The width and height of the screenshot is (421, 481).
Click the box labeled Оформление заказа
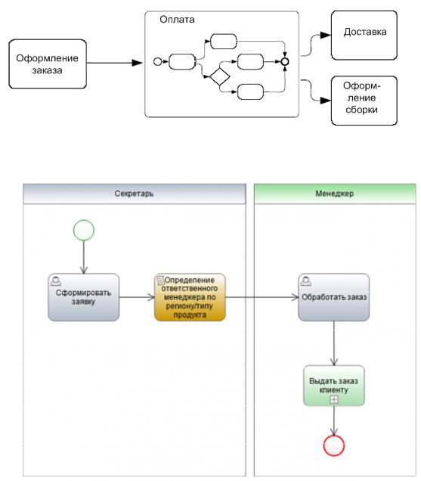click(x=48, y=64)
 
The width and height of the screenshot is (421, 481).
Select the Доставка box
click(x=364, y=36)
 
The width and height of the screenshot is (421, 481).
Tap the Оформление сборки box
click(x=364, y=101)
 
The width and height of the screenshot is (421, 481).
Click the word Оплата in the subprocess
click(x=177, y=20)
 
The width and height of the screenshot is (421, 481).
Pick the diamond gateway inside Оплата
click(x=220, y=76)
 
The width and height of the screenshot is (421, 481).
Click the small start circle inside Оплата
click(x=158, y=62)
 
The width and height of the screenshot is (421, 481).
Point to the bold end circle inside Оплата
click(x=285, y=62)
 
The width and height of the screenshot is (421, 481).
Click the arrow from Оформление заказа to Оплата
click(x=115, y=63)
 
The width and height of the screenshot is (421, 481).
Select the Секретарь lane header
click(x=135, y=194)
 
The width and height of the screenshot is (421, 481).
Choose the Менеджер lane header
click(x=335, y=194)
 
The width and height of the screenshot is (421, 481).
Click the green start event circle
click(x=84, y=230)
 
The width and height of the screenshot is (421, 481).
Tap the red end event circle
click(x=334, y=445)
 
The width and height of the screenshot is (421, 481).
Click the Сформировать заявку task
click(x=84, y=297)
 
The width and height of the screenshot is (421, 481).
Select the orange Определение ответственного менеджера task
click(x=190, y=297)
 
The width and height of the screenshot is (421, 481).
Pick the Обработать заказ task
click(x=334, y=297)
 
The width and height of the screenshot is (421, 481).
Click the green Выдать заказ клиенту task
click(x=334, y=385)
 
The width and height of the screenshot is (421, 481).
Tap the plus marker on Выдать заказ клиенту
click(x=334, y=399)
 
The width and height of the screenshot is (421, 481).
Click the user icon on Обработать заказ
click(x=306, y=281)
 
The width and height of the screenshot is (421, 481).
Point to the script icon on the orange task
click(x=160, y=280)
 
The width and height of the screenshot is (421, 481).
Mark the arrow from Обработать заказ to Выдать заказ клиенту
click(x=334, y=343)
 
